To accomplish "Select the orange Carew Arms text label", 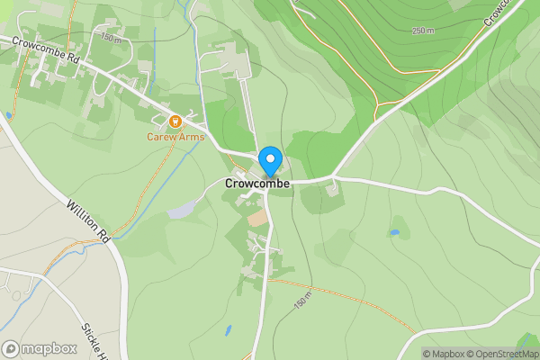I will tap(176, 137).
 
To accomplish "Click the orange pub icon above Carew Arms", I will tap(176, 121).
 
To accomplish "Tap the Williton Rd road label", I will tap(88, 222).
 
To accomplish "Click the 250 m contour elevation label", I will tap(424, 31).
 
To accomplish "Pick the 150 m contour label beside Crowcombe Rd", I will tap(110, 38).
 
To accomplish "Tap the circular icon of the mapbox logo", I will tap(11, 348).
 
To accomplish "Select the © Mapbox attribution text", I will tap(446, 354).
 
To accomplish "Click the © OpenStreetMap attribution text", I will tap(506, 354).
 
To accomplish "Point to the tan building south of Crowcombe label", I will tap(258, 219).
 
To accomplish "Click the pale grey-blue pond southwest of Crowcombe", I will tap(180, 210).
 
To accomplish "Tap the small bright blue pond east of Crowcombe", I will tap(394, 232).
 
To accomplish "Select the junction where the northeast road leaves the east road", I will tap(334, 176).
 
